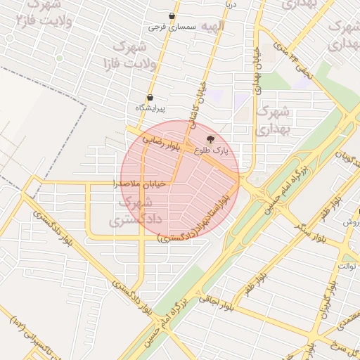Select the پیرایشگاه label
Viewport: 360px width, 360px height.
pos(150,108)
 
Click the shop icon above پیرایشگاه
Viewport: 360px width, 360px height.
pos(150,98)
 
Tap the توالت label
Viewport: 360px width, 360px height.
pos(348,266)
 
